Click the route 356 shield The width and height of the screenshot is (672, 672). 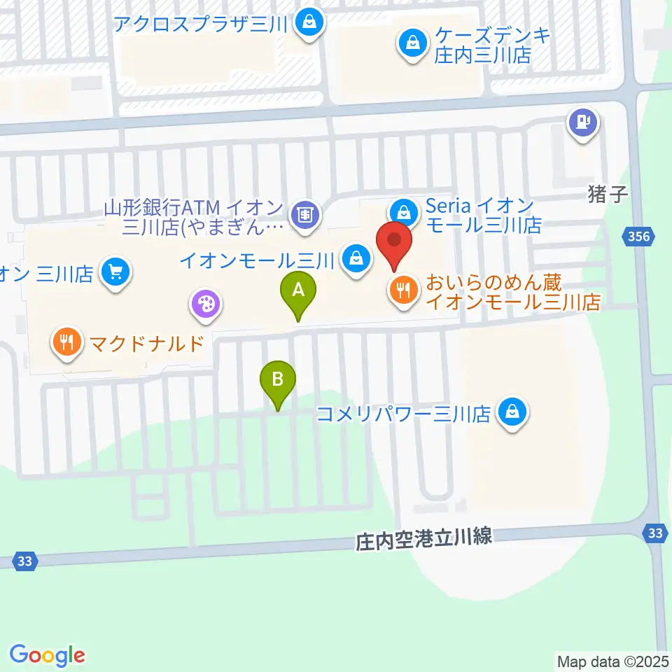(x=640, y=238)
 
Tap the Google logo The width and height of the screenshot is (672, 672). (x=47, y=654)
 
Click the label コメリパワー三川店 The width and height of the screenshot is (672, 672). (x=403, y=414)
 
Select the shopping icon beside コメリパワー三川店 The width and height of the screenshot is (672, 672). (x=513, y=412)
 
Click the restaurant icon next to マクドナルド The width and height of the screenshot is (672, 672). (x=66, y=343)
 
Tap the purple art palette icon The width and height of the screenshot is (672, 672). (x=206, y=304)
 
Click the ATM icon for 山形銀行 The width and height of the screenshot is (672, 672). (x=304, y=213)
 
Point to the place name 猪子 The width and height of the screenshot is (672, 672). (x=606, y=194)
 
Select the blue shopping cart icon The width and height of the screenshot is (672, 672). (x=115, y=271)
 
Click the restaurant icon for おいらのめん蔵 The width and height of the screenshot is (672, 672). (x=402, y=290)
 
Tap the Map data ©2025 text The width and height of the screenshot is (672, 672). (x=613, y=660)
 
